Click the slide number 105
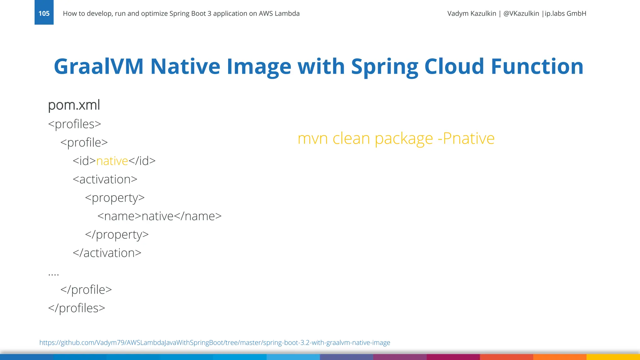[x=44, y=13]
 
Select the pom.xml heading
[x=74, y=105]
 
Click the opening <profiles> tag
[x=75, y=124]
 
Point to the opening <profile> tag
[x=84, y=142]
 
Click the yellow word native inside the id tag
[x=112, y=161]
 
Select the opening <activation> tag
[x=105, y=179]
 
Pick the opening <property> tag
[x=115, y=198]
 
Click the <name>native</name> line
[x=159, y=216]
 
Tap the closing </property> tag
[x=117, y=235]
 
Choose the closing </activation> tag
[x=107, y=253]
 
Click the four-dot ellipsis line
[x=53, y=274]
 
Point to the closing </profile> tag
[x=86, y=290]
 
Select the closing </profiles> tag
[x=77, y=308]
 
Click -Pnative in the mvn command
[x=466, y=138]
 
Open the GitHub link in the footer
[x=215, y=342]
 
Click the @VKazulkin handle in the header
[x=521, y=13]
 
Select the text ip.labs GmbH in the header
[x=565, y=13]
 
